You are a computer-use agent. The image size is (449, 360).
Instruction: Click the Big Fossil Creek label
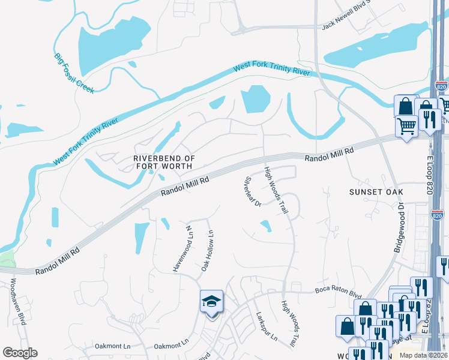pos(74,70)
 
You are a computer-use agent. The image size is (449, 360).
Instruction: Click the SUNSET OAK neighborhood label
pos(375,191)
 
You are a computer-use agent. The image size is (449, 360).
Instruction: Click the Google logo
pos(19,353)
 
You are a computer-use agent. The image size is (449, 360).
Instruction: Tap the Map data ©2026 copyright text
pos(424,355)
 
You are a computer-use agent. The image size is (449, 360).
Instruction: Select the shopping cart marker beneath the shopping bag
pos(406,127)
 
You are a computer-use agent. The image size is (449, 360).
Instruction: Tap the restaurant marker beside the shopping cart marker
pos(428,119)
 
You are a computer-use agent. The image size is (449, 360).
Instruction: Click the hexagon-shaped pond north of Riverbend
pos(256,99)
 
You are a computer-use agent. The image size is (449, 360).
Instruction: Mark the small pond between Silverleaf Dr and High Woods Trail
pos(265,226)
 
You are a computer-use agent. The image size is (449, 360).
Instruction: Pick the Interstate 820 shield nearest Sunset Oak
pos(439,215)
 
